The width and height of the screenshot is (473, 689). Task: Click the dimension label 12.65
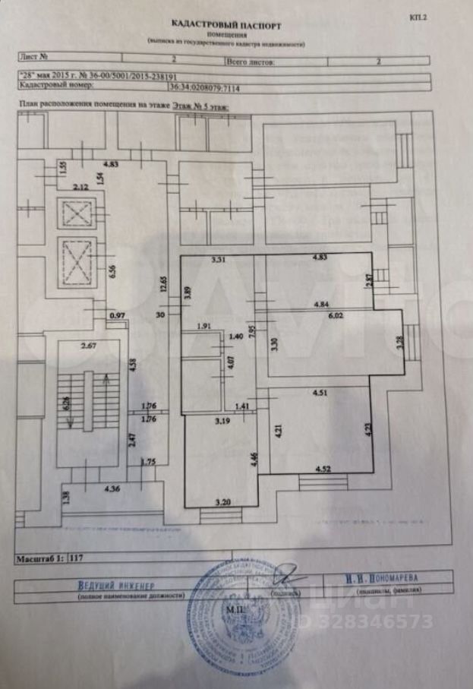(162, 287)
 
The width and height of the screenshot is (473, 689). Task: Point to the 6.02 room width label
(336, 318)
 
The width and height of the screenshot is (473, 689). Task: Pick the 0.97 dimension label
(117, 315)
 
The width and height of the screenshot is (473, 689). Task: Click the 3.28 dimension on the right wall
(398, 342)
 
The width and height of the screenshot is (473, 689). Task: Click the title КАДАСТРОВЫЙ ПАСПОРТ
(226, 25)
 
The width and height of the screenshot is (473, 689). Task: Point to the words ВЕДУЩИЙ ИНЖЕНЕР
(116, 586)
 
